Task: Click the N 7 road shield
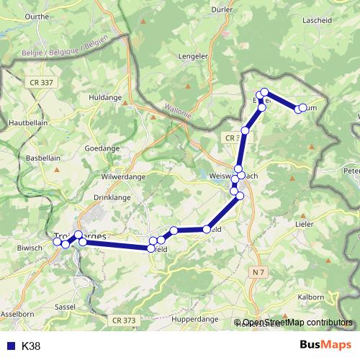260,271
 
